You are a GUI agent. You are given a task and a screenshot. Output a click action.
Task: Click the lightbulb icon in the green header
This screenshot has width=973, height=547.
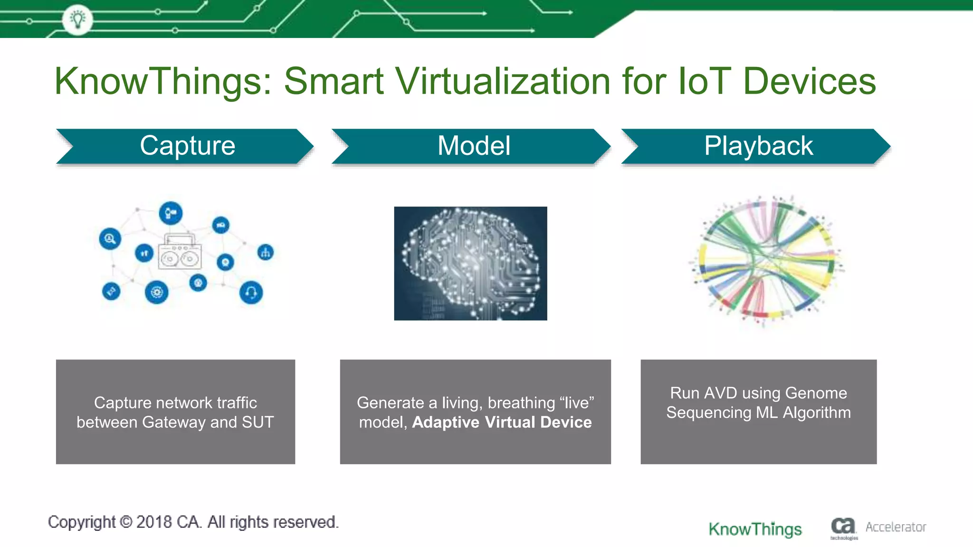pos(77,19)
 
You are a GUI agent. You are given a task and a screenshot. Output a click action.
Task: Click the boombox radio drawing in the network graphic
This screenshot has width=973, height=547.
pos(180,252)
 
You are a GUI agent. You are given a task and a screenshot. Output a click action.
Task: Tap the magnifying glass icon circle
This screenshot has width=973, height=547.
pos(110,238)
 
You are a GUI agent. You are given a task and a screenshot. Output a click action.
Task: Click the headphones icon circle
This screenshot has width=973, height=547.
pos(251,292)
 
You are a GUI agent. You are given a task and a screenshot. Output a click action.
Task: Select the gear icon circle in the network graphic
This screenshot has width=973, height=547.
pos(156,292)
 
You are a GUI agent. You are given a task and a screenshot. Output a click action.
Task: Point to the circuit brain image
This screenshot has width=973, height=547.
pos(470,263)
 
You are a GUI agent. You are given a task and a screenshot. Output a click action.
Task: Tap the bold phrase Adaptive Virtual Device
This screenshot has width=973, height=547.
pos(502,422)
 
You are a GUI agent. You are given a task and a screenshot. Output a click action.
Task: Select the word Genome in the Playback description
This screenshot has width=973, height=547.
pos(816,393)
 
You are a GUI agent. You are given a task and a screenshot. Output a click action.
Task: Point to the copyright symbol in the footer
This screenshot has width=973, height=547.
pos(126,522)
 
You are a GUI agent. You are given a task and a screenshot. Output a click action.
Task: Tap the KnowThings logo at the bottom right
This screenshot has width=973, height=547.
pos(755,529)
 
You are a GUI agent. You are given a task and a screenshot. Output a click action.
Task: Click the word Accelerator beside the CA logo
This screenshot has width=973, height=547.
pos(896,527)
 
